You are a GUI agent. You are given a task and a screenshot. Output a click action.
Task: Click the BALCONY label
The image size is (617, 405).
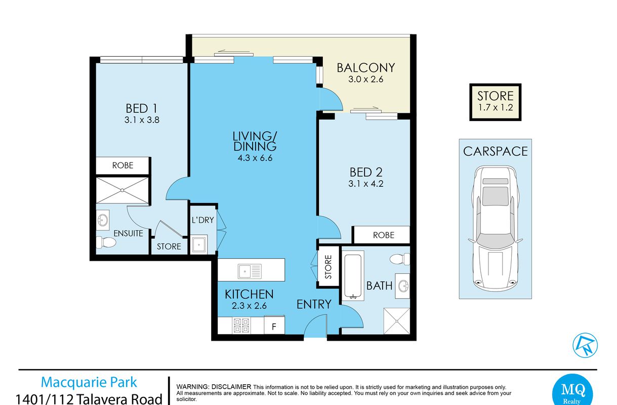[x=365, y=68]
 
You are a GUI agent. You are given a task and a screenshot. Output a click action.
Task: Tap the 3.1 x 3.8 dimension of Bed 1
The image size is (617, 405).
[x=142, y=120]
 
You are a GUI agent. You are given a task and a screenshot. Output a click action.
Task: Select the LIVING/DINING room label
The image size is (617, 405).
[x=255, y=141]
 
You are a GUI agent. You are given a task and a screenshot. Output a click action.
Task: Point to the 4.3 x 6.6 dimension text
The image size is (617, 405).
[x=255, y=158]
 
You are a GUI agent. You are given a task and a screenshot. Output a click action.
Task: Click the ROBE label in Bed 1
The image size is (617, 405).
[x=122, y=166]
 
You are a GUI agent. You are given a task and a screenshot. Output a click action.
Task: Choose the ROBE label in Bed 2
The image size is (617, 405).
[x=384, y=235]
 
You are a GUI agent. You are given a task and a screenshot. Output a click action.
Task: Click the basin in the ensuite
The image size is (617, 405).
[x=103, y=220]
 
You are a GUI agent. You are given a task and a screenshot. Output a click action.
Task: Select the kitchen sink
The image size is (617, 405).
[x=250, y=271]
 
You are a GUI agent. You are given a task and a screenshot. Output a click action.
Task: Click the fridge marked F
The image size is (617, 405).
[x=274, y=326]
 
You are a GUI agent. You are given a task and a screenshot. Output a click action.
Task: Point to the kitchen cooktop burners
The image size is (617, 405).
[x=241, y=326]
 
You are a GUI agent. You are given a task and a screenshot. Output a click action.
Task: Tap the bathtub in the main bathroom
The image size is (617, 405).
[x=353, y=275]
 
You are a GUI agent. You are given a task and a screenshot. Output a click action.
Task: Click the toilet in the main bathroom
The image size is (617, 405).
[x=400, y=259]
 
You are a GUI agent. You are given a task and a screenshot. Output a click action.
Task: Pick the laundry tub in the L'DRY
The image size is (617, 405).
[x=198, y=245]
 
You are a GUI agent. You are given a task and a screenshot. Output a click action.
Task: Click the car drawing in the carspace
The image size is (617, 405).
[x=495, y=228]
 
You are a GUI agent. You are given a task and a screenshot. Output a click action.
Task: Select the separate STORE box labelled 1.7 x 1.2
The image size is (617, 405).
[x=495, y=102]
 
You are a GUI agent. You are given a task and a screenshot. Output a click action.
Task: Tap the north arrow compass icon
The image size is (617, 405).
[x=585, y=345]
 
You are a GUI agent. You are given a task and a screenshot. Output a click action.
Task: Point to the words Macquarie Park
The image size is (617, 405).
[x=89, y=382]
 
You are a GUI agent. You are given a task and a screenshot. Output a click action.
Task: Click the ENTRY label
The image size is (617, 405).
[x=314, y=304]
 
